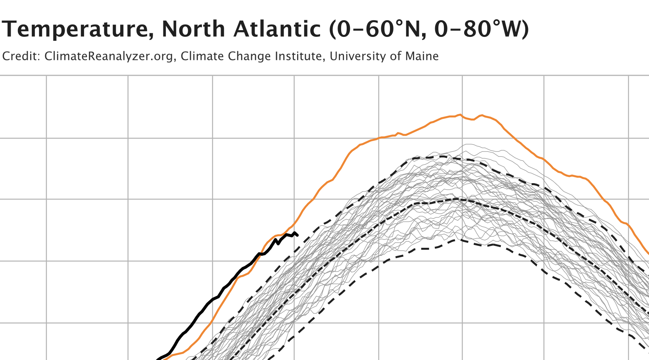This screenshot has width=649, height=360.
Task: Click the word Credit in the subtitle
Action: point(20,56)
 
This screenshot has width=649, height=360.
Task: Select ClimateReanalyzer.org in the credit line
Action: point(109,56)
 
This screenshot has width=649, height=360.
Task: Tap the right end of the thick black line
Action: point(297,235)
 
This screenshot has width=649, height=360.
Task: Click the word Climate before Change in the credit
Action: point(202,56)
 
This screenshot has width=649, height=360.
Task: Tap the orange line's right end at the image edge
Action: point(648,253)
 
